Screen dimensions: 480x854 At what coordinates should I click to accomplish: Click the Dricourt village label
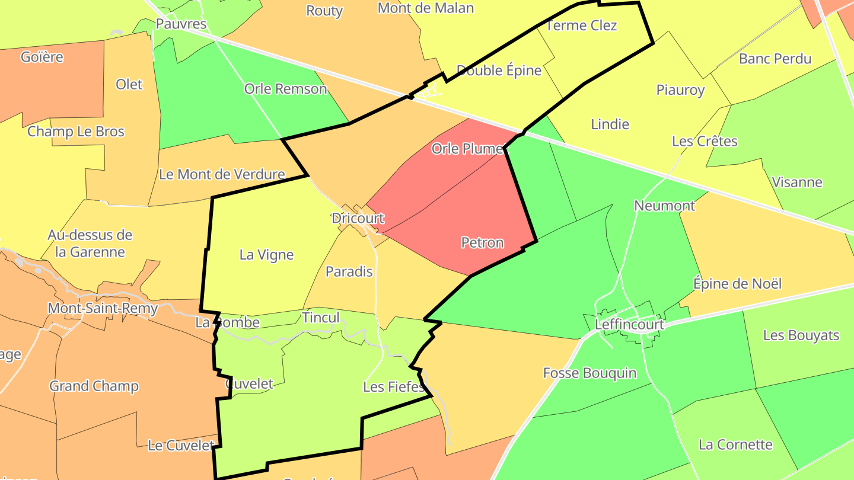(358, 218)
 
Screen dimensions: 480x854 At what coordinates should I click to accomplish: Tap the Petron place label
(482, 242)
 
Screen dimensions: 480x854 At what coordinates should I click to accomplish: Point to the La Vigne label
(266, 255)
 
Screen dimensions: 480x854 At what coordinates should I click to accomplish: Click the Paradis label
(349, 271)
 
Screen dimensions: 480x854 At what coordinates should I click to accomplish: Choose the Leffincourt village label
(629, 325)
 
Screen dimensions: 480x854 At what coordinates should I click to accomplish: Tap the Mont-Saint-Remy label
(103, 308)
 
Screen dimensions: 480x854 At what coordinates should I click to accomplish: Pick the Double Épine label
(499, 71)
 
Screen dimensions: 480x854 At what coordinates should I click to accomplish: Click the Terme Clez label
(581, 25)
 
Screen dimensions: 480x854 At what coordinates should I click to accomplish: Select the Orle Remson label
(285, 89)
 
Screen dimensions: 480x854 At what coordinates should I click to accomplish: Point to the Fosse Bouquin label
(589, 373)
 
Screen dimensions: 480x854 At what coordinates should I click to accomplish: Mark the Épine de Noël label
(737, 284)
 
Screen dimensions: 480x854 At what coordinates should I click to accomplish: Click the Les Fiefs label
(394, 387)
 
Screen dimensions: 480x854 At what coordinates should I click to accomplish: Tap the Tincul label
(321, 318)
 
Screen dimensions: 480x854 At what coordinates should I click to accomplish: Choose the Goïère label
(42, 57)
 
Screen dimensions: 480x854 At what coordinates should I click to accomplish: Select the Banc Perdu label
(775, 59)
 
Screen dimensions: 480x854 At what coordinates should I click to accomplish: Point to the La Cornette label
(735, 444)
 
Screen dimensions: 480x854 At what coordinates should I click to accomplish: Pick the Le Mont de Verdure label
(222, 175)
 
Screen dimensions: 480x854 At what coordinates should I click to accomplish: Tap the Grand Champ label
(94, 386)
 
